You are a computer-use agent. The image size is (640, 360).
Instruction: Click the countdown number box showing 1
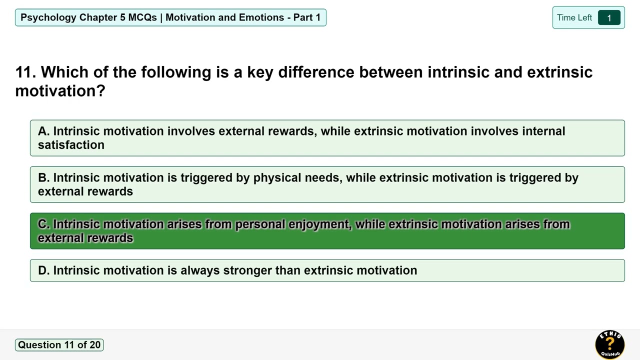click(x=609, y=18)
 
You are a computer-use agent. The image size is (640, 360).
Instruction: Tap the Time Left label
click(x=574, y=18)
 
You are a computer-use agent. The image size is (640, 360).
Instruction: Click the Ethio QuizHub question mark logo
click(x=609, y=344)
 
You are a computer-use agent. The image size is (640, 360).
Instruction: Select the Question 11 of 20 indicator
click(x=59, y=345)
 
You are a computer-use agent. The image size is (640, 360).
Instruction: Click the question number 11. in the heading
click(x=25, y=72)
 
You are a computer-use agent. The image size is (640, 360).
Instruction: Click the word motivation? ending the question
click(x=60, y=91)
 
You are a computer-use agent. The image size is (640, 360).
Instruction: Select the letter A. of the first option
click(x=43, y=131)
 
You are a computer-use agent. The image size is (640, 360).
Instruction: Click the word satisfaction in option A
click(x=71, y=145)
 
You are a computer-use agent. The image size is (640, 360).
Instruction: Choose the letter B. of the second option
click(x=43, y=178)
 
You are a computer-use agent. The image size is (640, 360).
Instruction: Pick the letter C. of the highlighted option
click(x=43, y=224)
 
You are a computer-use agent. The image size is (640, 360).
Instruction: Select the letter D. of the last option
click(x=43, y=270)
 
